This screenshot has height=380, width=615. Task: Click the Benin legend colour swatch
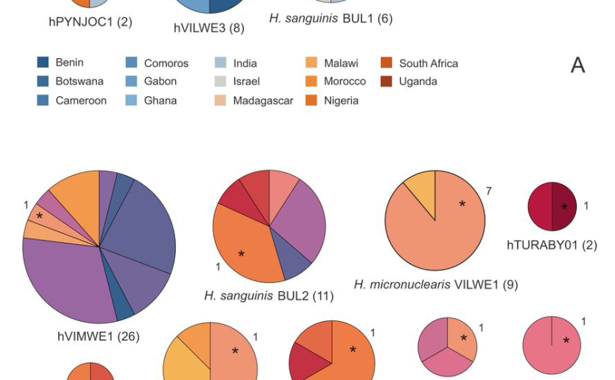[43, 63]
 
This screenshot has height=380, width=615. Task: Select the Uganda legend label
[417, 81]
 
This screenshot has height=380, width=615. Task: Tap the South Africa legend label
[428, 63]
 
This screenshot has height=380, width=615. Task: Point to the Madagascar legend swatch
[221, 101]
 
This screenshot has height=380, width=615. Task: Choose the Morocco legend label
[344, 81]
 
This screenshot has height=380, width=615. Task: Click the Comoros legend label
[166, 63]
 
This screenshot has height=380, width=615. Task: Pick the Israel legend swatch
[221, 81]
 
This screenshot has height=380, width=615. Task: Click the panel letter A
[578, 66]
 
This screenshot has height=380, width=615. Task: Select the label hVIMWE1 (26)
[99, 336]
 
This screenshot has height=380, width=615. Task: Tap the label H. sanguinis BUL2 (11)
[269, 296]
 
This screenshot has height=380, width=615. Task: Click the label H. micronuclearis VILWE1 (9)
[435, 284]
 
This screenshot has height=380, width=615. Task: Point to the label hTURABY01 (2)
[552, 244]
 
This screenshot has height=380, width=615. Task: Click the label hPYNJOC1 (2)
[90, 22]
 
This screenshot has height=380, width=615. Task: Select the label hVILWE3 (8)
[209, 28]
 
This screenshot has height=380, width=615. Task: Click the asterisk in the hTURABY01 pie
[564, 207]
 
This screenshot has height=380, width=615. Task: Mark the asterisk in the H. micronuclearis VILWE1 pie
[462, 204]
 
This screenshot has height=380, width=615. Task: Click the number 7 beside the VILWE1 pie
[489, 191]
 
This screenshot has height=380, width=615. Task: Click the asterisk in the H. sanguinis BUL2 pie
[241, 256]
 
